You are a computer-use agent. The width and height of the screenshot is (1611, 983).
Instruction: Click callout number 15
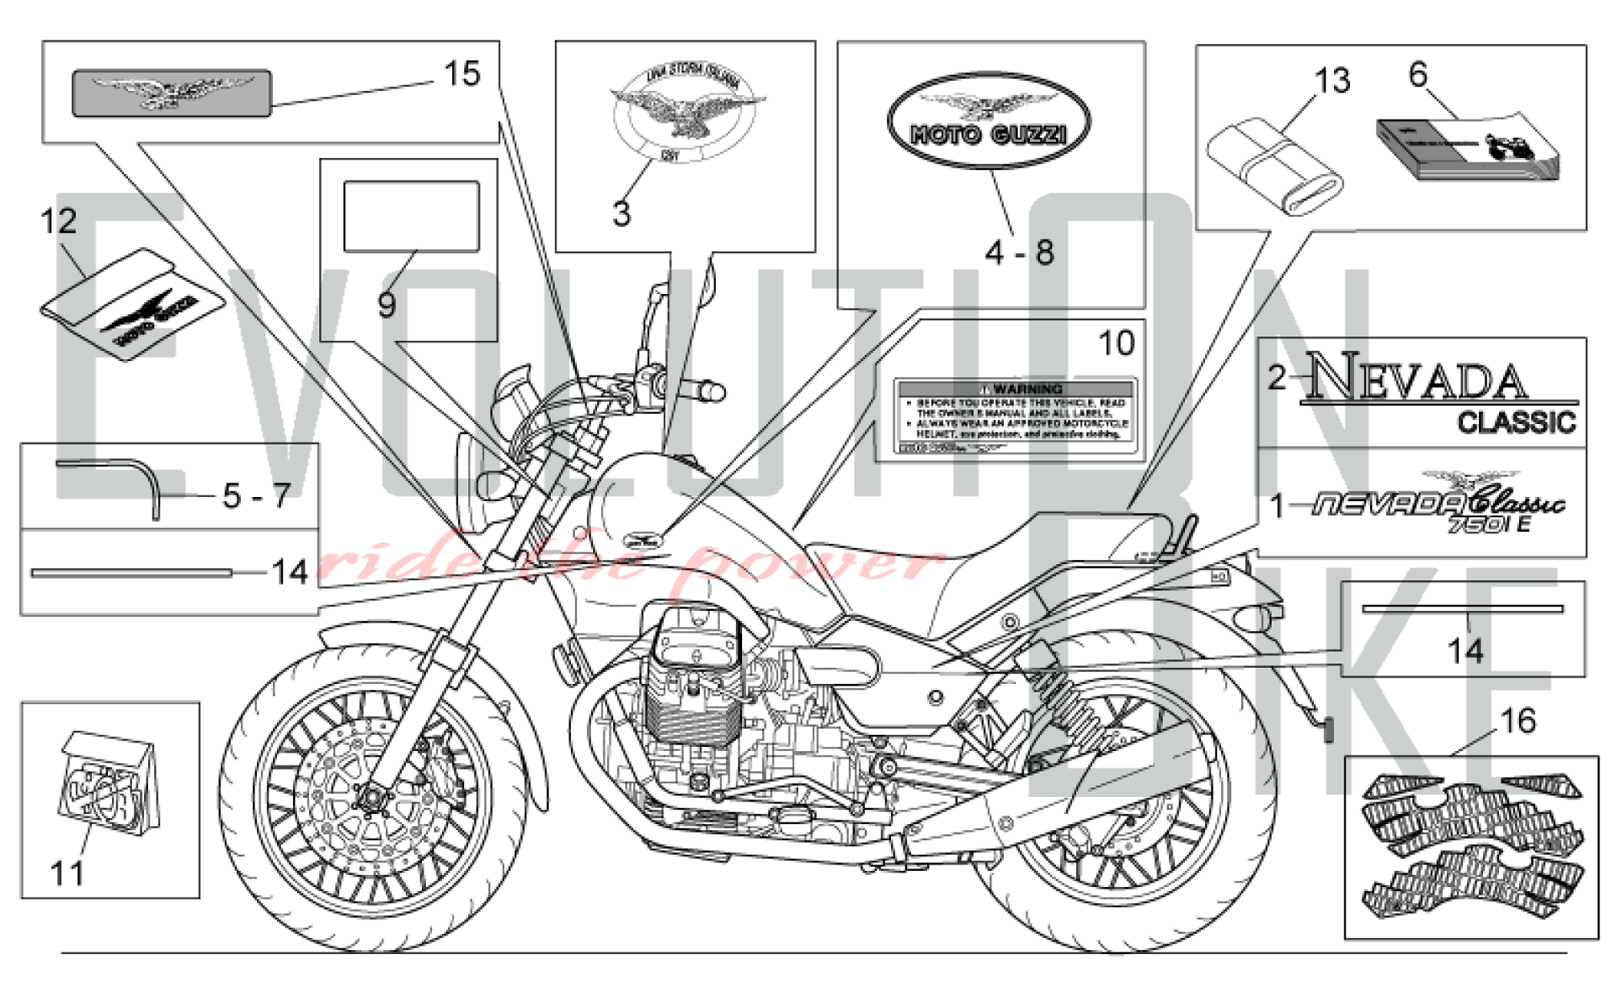coord(462,74)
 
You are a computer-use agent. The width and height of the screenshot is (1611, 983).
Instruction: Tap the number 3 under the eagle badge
coord(621,214)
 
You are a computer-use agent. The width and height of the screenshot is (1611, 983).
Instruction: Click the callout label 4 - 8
coord(1019,252)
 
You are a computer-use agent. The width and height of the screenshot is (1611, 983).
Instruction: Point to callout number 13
coord(1332,81)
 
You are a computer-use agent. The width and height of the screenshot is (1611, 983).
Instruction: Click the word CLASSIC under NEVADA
coord(1517,422)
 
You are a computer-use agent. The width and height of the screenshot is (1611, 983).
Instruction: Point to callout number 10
coord(1116,343)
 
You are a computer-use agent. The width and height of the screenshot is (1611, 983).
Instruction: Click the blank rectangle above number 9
coord(412,216)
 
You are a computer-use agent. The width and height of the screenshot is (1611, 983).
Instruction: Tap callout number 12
coord(58,221)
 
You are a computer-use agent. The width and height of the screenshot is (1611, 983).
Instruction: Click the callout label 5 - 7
coord(256,496)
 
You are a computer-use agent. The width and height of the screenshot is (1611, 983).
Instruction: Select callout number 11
coord(67,873)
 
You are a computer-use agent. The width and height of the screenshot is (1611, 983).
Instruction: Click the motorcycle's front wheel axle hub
coord(372,798)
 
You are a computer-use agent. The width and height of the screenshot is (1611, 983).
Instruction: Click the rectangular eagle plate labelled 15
coord(172,93)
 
